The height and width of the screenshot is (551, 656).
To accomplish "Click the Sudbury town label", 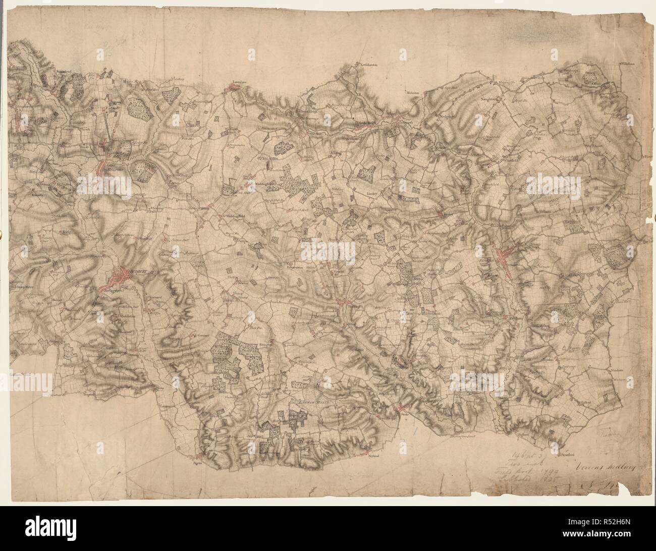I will coord(138,271).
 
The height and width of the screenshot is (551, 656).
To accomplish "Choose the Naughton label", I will coord(489,99).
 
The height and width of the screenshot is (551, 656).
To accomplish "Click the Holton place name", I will coord(585,402).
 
